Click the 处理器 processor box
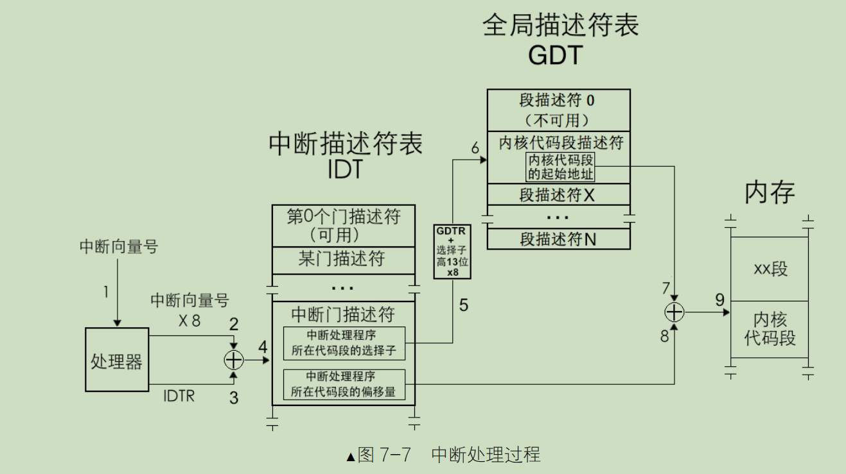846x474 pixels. [116, 360]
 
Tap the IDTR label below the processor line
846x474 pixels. [179, 396]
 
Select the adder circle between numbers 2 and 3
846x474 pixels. [234, 360]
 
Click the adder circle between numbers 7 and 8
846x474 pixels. [674, 312]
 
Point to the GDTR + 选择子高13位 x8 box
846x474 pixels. [453, 251]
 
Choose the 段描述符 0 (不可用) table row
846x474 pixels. [558, 110]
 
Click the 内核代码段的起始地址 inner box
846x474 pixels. [561, 167]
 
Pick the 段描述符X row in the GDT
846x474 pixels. [558, 194]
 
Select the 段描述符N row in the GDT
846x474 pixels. [558, 239]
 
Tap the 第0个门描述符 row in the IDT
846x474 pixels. [343, 225]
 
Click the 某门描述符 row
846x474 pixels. [343, 258]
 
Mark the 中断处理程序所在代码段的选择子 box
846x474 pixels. [344, 343]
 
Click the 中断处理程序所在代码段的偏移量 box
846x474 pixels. [344, 384]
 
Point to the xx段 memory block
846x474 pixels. [770, 269]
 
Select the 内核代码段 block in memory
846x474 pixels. [770, 328]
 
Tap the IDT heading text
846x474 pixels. [345, 169]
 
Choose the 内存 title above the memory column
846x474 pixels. [770, 192]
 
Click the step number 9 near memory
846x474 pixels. [719, 300]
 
